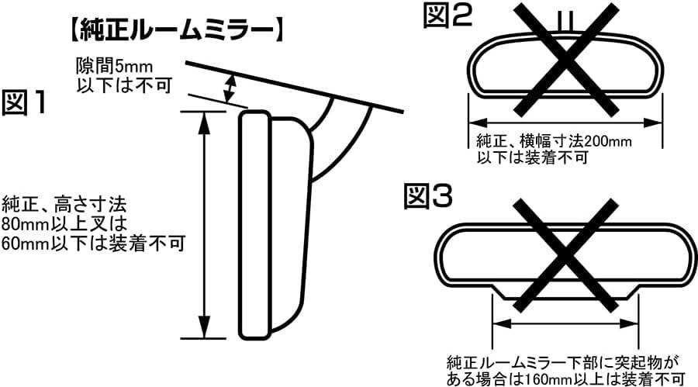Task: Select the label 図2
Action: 447,16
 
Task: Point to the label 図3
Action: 430,197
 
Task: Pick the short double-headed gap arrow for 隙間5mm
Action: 230,87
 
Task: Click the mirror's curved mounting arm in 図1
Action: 341,136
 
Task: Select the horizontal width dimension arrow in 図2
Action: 564,122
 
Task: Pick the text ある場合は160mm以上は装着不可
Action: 566,378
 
